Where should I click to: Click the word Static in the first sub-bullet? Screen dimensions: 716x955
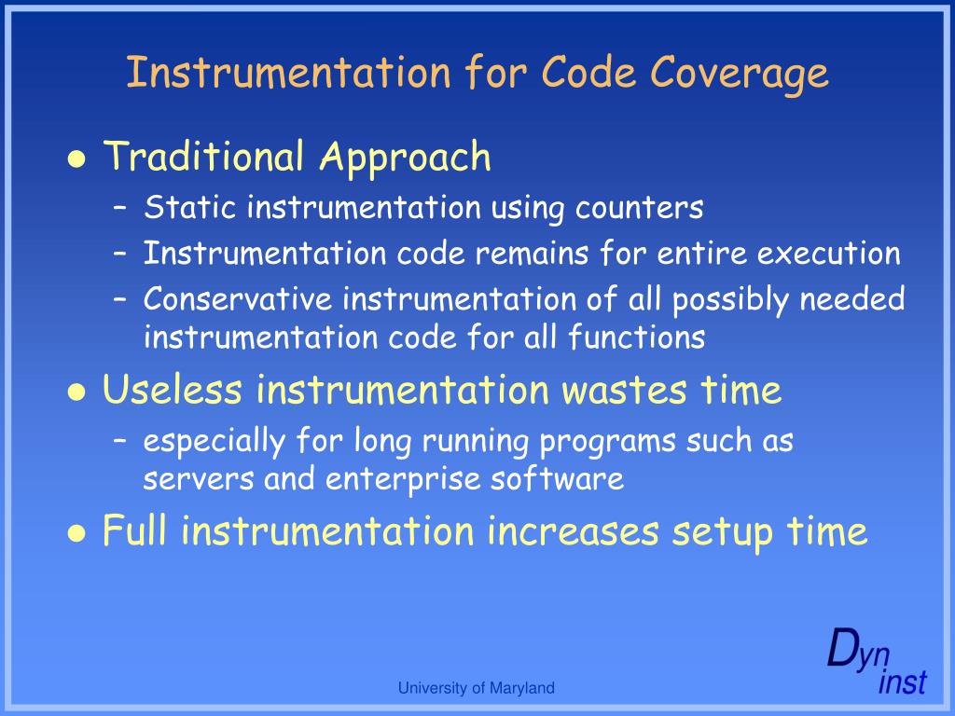pyautogui.click(x=190, y=207)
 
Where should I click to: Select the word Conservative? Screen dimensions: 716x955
pyautogui.click(x=238, y=299)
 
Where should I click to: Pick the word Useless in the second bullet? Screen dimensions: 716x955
pyautogui.click(x=173, y=390)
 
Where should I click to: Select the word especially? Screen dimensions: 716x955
pyautogui.click(x=214, y=441)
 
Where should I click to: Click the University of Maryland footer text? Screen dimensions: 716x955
pyautogui.click(x=476, y=688)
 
